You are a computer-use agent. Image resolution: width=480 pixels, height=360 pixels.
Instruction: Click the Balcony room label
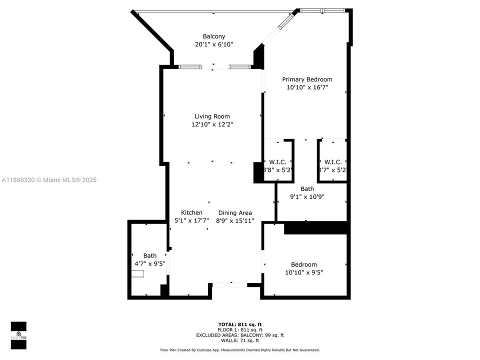[214, 36]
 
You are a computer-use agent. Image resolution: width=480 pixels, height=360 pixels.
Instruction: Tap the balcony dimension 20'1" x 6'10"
[214, 44]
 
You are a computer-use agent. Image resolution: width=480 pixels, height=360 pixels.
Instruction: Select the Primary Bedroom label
[307, 79]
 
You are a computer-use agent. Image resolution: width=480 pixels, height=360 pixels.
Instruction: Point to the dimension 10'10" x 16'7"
[307, 87]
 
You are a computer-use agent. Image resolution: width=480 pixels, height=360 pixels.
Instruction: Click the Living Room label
[212, 116]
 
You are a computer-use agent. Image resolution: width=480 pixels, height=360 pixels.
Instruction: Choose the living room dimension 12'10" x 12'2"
[212, 124]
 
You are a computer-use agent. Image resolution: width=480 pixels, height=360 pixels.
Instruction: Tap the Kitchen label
[191, 212]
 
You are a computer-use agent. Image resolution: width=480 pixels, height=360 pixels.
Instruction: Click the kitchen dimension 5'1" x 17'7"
[191, 220]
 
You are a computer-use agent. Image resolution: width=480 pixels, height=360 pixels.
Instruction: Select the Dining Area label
[235, 212]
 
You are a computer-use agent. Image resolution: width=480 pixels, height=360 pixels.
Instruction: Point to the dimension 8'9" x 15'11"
[235, 220]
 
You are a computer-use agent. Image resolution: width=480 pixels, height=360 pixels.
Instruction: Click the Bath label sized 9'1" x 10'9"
[307, 188]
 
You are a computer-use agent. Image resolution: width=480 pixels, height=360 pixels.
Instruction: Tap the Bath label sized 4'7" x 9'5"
[149, 255]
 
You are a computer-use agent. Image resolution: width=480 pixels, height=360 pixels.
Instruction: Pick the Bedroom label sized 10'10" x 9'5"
[304, 264]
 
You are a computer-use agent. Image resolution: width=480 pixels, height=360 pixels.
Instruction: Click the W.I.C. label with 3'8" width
[277, 161]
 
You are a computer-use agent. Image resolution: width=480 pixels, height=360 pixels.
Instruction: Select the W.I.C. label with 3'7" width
[332, 161]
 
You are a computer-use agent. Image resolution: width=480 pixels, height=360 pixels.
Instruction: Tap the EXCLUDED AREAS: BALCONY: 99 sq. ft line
[239, 335]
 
